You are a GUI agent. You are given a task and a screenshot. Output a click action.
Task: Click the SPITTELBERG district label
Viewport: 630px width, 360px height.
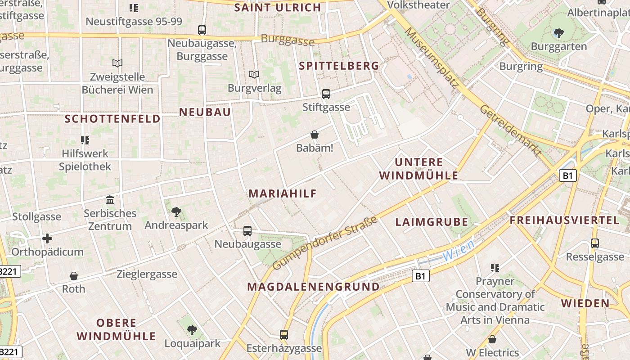coord(339,66)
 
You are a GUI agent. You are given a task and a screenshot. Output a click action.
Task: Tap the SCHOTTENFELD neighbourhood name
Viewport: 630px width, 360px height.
coord(112,119)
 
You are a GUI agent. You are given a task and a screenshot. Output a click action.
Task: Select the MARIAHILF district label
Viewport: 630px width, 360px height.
coord(283,193)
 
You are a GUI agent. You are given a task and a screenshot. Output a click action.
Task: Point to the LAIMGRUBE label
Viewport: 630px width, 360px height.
coord(432,222)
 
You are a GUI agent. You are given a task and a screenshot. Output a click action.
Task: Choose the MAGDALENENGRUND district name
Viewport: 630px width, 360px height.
coord(313,287)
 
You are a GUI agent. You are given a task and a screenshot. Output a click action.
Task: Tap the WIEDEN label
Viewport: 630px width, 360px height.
coord(585,303)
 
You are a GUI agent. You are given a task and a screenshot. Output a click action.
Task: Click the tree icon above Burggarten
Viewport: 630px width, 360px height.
coord(558,33)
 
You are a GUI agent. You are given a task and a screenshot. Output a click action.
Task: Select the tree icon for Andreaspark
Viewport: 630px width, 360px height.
coord(176,211)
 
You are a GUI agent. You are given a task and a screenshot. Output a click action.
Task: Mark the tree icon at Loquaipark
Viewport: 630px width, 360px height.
coord(192,330)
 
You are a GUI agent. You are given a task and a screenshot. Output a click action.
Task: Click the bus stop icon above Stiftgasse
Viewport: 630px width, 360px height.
coord(326,94)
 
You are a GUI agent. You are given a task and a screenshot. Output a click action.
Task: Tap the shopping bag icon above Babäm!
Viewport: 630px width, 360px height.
coord(315,135)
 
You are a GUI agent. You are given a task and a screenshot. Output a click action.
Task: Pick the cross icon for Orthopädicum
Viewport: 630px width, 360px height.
coord(47,238)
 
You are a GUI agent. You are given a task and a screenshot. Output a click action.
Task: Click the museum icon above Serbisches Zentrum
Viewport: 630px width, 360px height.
coord(109,200)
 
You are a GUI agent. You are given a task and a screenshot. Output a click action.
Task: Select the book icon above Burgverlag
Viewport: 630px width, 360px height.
coord(254,74)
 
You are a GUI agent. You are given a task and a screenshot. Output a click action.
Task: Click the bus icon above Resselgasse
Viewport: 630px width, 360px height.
coord(595,243)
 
